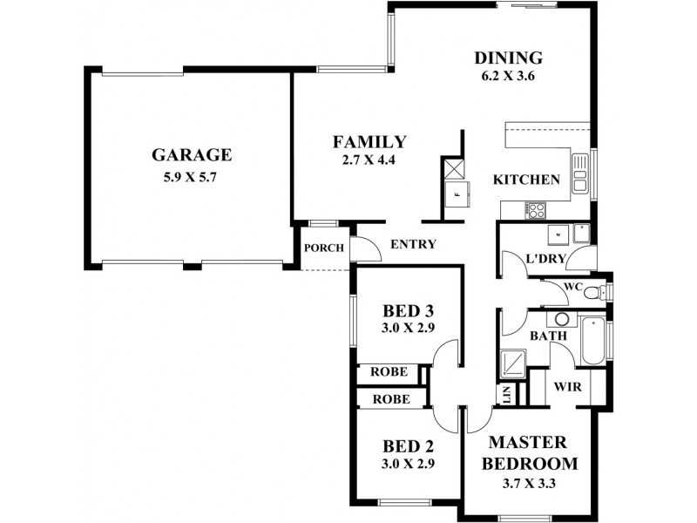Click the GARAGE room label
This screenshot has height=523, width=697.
pos(191,155)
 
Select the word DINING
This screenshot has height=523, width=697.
pos(508,58)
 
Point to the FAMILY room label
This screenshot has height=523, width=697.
pos(369,141)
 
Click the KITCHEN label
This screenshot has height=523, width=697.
pos(526,180)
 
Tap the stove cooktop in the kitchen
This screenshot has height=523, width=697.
pos(534,210)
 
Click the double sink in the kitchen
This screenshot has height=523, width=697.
pos(579,173)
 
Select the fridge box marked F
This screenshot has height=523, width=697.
pos(454,194)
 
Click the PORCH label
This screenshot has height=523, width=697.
pos(323,248)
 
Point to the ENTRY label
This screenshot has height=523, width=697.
pos(412,245)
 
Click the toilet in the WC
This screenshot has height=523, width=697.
pos(594,291)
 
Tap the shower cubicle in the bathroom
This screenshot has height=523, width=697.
pos(512,361)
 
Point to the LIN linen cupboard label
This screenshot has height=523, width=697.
pos(506,394)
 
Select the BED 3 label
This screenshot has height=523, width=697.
pos(409,311)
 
